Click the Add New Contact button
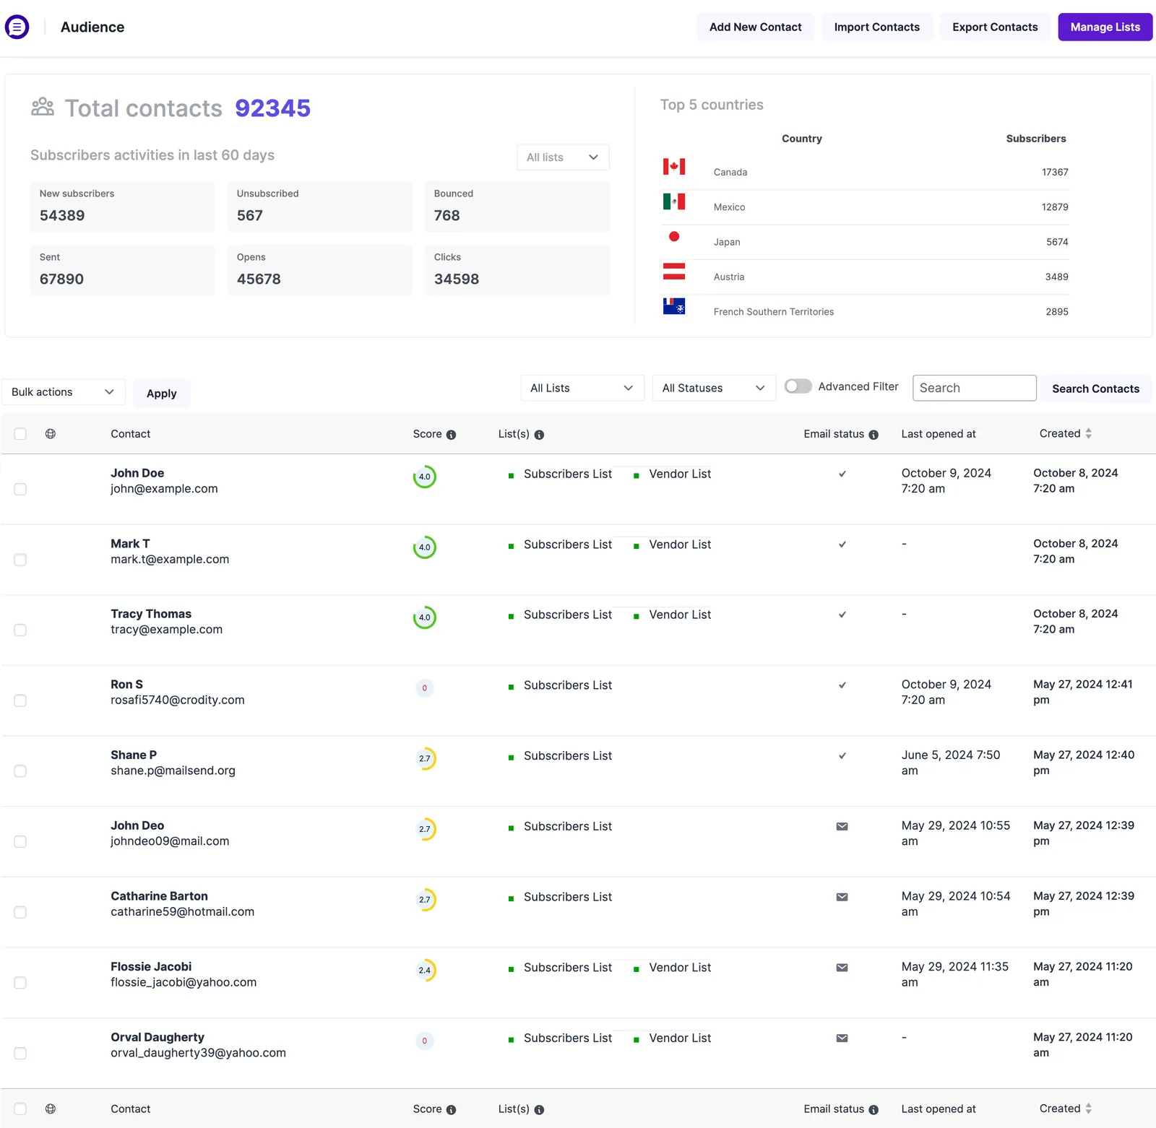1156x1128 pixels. point(755,27)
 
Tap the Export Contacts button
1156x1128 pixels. point(995,27)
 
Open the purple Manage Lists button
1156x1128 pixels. point(1105,27)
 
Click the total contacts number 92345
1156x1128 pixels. point(272,108)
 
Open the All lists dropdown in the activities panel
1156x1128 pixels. point(563,157)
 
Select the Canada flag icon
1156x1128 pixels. point(674,167)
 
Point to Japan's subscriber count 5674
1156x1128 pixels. point(1057,242)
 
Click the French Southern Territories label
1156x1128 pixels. point(774,312)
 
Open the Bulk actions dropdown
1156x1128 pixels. point(64,392)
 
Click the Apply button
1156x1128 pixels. point(162,394)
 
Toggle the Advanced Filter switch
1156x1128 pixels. point(798,386)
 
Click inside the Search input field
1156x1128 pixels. point(974,388)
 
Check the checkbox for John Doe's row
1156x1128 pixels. point(20,490)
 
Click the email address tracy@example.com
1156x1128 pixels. point(167,630)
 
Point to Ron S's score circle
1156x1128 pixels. point(425,688)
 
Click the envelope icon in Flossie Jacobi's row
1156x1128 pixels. point(842,968)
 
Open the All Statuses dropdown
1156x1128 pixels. point(714,388)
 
